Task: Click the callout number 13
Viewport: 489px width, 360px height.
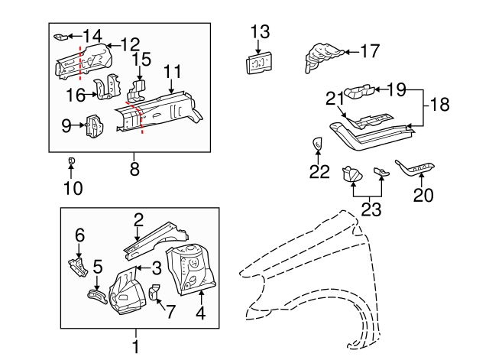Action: coord(260,31)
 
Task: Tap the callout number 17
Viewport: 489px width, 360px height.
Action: coord(369,52)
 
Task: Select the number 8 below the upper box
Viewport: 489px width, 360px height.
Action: coord(134,170)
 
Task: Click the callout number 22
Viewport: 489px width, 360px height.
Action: coord(319,172)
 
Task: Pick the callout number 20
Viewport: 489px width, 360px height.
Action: coord(423,195)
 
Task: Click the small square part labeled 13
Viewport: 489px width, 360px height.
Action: coord(259,63)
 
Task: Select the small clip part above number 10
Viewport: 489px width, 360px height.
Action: coord(70,161)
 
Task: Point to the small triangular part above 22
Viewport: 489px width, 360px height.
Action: coord(318,143)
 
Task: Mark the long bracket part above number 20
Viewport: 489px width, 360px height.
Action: coord(417,167)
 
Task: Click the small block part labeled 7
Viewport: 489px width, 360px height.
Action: coord(153,291)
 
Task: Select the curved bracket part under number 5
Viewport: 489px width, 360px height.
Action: coord(95,295)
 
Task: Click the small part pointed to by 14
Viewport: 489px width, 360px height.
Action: coord(62,36)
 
